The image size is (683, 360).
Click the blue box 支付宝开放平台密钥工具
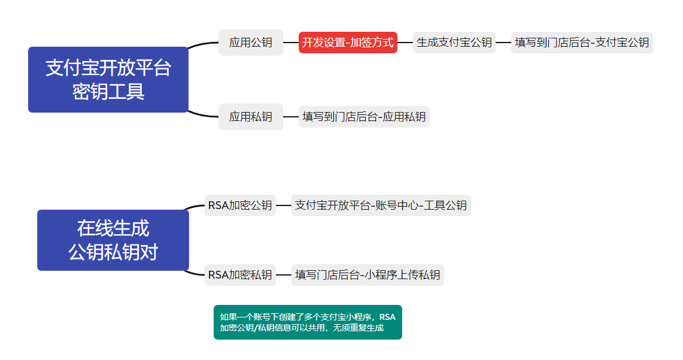click(108, 79)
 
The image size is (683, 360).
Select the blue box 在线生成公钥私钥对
click(113, 240)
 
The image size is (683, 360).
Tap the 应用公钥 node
click(251, 43)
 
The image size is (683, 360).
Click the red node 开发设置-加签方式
click(348, 43)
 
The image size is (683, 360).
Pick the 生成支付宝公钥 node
click(454, 43)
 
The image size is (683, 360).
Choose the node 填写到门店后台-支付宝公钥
click(582, 43)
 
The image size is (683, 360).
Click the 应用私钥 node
click(251, 117)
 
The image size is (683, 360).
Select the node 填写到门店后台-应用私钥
click(364, 117)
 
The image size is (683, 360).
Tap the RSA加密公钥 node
click(240, 205)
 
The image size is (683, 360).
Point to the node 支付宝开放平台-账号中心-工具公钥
click(381, 205)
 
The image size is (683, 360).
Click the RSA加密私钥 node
click(240, 275)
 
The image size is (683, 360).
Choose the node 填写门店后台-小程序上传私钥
click(368, 275)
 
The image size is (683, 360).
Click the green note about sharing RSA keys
click(308, 322)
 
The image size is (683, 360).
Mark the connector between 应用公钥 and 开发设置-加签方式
click(291, 43)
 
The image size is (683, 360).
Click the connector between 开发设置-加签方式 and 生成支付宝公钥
click(405, 43)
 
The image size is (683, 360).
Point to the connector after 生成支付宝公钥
click(503, 43)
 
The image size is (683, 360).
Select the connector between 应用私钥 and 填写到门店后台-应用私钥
click(291, 117)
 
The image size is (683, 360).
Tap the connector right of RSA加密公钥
click(284, 205)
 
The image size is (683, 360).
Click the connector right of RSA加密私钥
click(284, 275)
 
